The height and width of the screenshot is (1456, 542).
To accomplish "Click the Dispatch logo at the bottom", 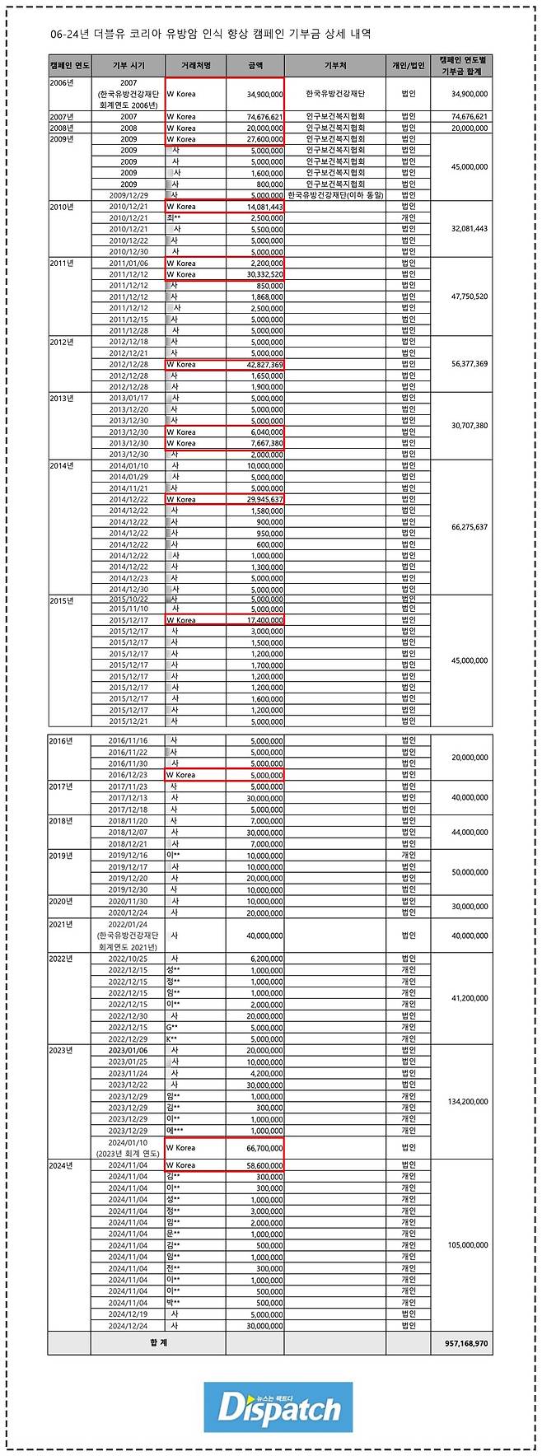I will coord(278,1407).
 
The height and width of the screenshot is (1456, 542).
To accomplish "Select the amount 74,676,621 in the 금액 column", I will coord(265,117).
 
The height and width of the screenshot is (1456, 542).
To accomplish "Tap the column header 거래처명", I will coord(195,65).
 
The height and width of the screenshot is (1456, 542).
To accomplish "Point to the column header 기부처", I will coord(335,65).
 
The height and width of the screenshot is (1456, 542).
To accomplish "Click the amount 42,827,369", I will coord(265,364).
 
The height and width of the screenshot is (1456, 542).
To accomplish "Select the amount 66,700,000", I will coord(265,1147).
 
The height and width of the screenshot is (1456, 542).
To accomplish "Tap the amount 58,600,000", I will coord(265,1165).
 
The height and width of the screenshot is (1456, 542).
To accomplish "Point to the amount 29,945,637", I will coord(265,499).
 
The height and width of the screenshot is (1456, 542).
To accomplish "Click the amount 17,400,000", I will coord(265,620).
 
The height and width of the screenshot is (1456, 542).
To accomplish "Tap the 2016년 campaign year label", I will coord(61,741).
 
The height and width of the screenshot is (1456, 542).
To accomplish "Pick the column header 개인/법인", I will coord(409,65).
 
